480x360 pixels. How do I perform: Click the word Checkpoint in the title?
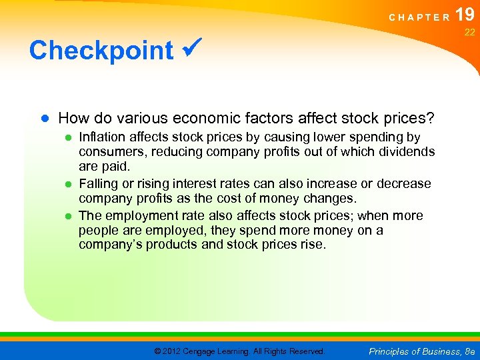point(101,50)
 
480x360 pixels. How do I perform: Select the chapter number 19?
point(465,15)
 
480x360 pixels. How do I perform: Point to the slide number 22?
point(469,33)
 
